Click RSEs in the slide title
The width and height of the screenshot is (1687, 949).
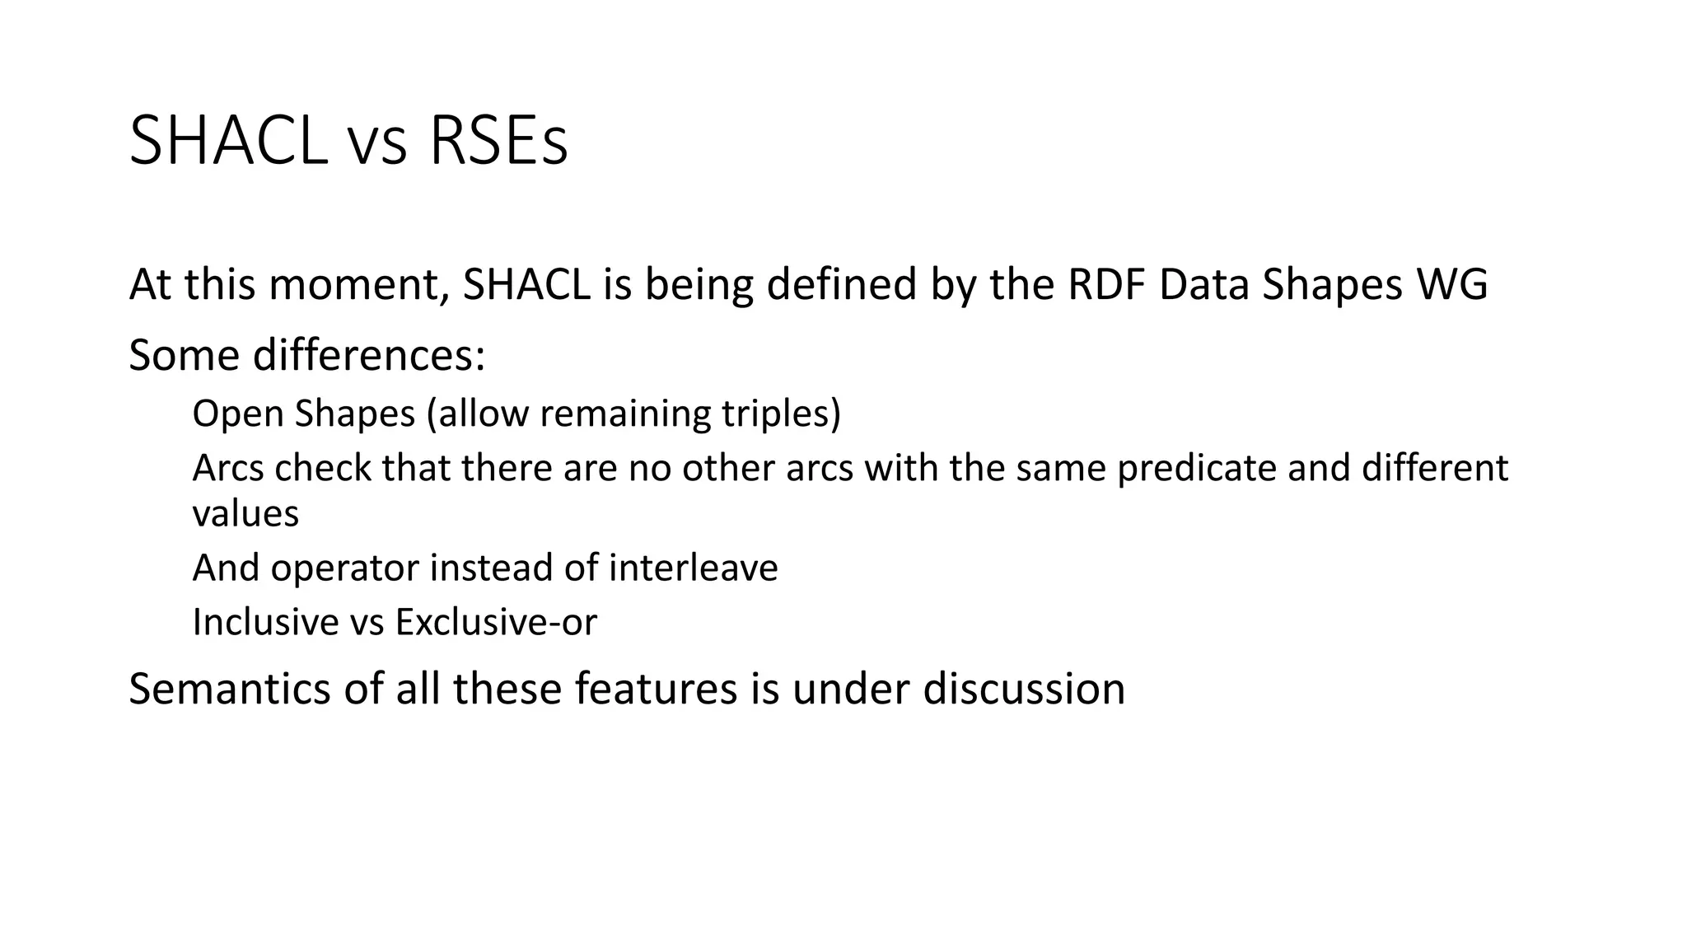point(498,142)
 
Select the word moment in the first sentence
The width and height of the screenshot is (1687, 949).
point(359,284)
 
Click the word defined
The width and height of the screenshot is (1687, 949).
point(841,284)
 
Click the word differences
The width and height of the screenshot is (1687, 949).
point(368,355)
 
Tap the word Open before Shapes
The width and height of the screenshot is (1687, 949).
point(237,413)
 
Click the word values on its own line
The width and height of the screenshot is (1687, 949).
point(245,514)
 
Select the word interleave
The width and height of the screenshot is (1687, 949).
point(693,568)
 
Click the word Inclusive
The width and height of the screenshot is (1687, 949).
point(265,622)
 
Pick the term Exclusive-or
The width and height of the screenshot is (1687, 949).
point(496,622)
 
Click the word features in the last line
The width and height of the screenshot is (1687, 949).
point(655,689)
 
